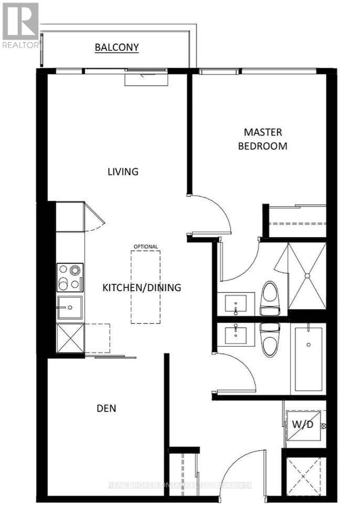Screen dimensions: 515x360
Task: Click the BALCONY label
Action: [117, 47]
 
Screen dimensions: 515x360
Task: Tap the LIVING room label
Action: [123, 171]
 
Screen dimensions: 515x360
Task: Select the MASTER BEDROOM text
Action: [262, 139]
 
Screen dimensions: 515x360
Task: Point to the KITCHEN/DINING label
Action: [141, 287]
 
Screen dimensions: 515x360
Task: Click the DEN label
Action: [106, 408]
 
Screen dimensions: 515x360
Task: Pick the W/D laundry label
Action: [303, 424]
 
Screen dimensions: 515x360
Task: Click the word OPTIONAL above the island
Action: [145, 246]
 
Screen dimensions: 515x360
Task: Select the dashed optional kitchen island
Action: [145, 286]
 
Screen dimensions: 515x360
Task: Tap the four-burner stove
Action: [70, 277]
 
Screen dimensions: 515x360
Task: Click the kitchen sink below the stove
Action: [70, 307]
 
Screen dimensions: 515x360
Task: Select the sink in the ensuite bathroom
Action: [236, 304]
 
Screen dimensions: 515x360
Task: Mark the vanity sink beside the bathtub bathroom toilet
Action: [236, 334]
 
